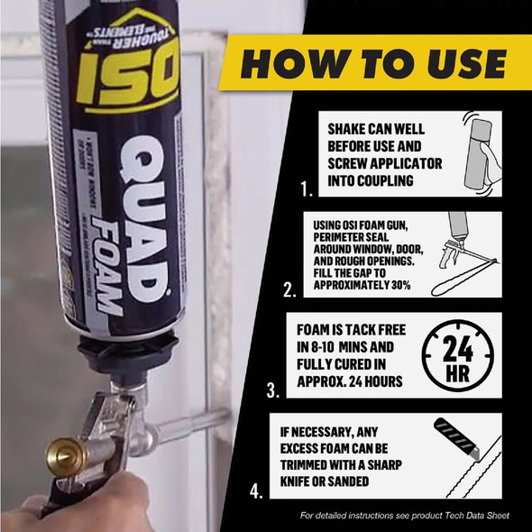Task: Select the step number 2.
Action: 288,290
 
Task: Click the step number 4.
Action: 258,491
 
